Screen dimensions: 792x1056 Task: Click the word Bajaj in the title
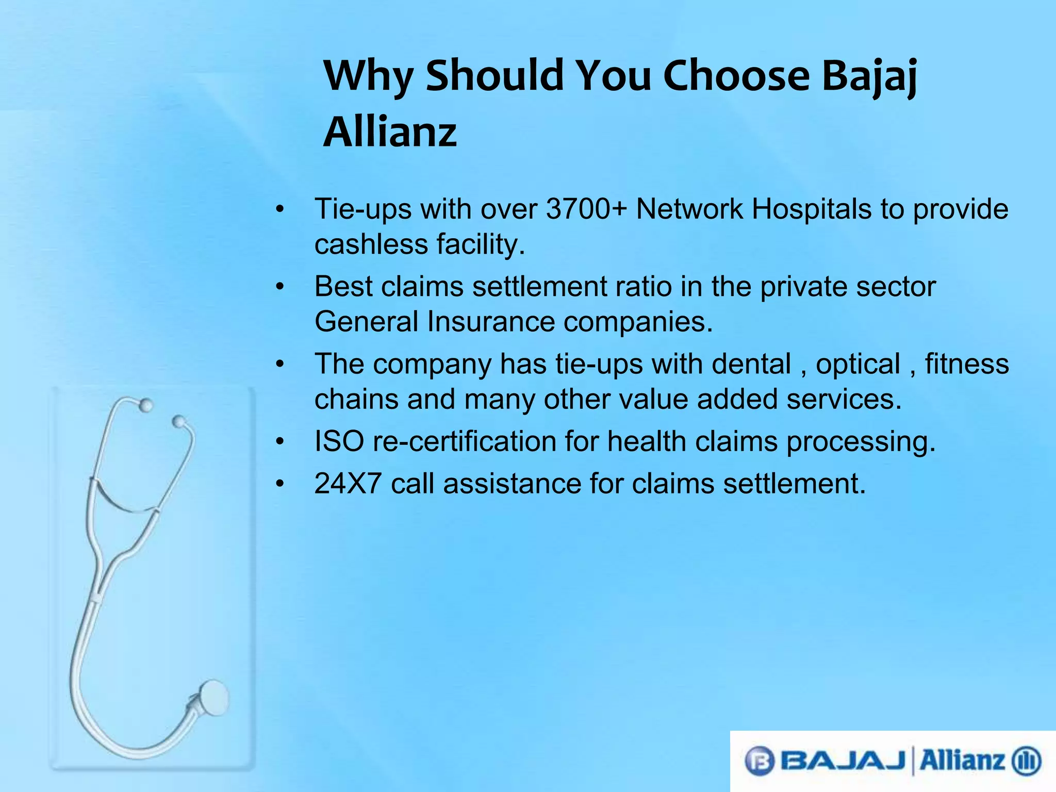[869, 76]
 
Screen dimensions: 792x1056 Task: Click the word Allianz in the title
[390, 132]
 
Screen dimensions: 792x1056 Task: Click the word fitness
[967, 364]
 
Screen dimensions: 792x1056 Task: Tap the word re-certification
[464, 442]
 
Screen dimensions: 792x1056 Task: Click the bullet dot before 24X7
[279, 484]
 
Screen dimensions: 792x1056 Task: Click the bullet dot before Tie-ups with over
[279, 210]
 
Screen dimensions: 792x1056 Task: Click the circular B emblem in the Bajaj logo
[760, 761]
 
